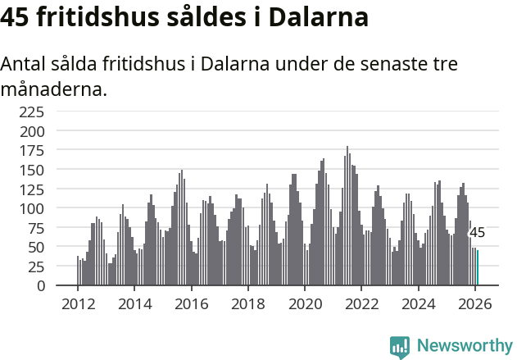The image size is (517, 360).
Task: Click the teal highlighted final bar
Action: pyautogui.click(x=478, y=268)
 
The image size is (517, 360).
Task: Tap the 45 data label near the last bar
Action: pyautogui.click(x=477, y=233)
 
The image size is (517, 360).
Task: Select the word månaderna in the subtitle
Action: pyautogui.click(x=54, y=89)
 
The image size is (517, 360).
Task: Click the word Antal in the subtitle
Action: pyautogui.click(x=24, y=64)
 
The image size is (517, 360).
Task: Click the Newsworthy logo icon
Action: pyautogui.click(x=400, y=346)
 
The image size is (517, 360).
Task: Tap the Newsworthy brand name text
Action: pyautogui.click(x=465, y=346)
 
